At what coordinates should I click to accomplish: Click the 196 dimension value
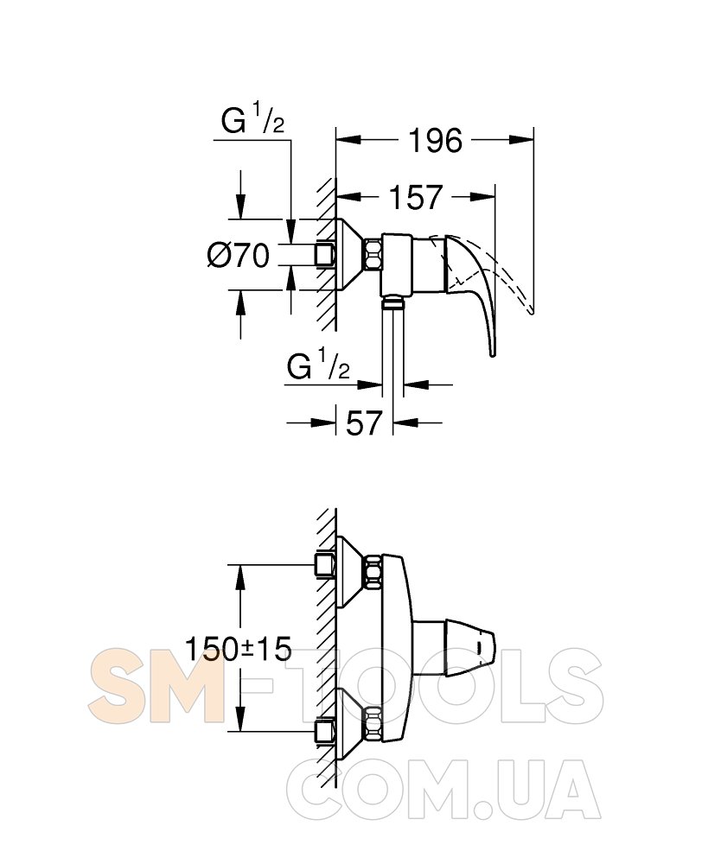point(435,141)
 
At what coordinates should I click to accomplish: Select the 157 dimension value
point(416,197)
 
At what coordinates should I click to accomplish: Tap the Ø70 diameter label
point(238,256)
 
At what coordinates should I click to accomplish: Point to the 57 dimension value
point(364,423)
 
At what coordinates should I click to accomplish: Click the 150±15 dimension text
point(238,649)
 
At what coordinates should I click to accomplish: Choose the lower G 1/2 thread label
point(318,365)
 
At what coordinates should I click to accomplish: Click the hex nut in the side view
point(372,255)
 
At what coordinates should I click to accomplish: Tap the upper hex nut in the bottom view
point(373,572)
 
